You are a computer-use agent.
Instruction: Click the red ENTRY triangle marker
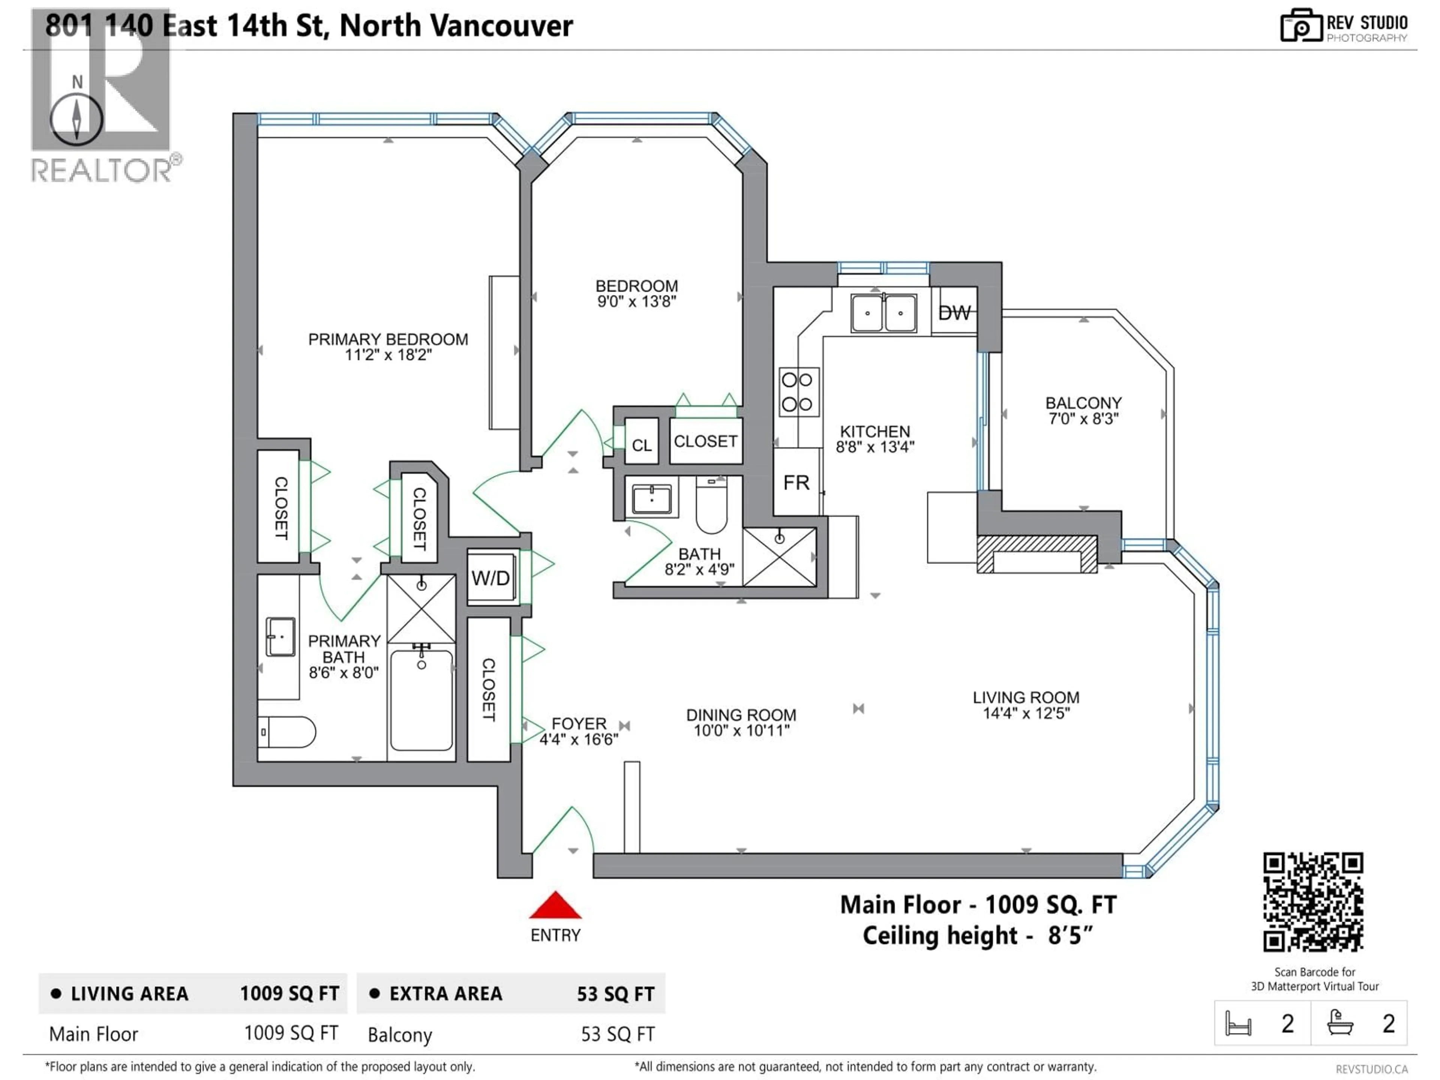point(555,906)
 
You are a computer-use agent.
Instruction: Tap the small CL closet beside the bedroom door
point(641,445)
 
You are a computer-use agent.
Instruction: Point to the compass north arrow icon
point(77,119)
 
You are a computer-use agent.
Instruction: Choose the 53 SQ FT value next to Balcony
point(617,1034)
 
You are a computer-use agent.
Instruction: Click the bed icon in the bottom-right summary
point(1237,1024)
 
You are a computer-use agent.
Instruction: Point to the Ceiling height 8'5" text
point(977,936)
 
